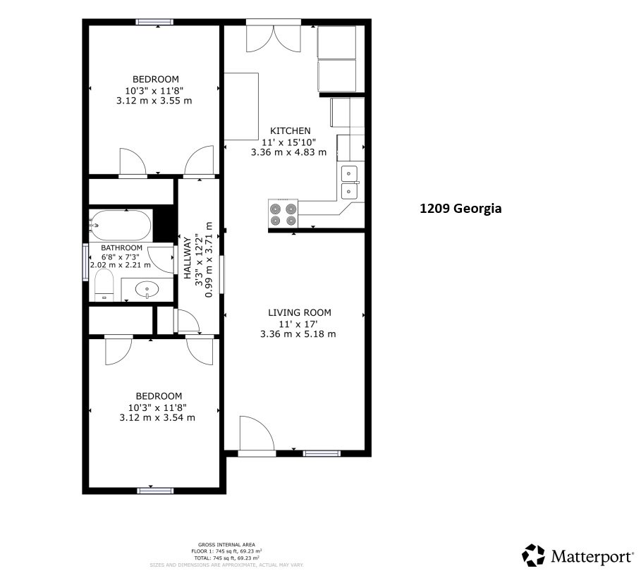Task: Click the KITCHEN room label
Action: click(x=289, y=131)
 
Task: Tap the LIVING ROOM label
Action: click(x=299, y=312)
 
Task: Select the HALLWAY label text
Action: click(x=188, y=258)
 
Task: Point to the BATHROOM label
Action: click(x=121, y=248)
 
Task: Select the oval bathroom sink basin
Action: click(x=147, y=288)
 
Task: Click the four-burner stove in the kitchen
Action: click(x=283, y=214)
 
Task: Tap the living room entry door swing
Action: click(x=255, y=434)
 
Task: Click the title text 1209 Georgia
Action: click(x=460, y=209)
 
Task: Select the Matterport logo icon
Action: click(x=533, y=555)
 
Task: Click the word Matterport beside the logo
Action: click(x=591, y=556)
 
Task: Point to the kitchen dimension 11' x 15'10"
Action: click(x=288, y=142)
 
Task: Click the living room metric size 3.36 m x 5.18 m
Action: click(x=298, y=333)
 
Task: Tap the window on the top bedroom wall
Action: click(x=157, y=22)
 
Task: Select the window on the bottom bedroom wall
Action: click(x=154, y=490)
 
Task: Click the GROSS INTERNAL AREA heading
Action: click(x=226, y=545)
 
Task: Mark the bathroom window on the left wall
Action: click(x=86, y=262)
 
